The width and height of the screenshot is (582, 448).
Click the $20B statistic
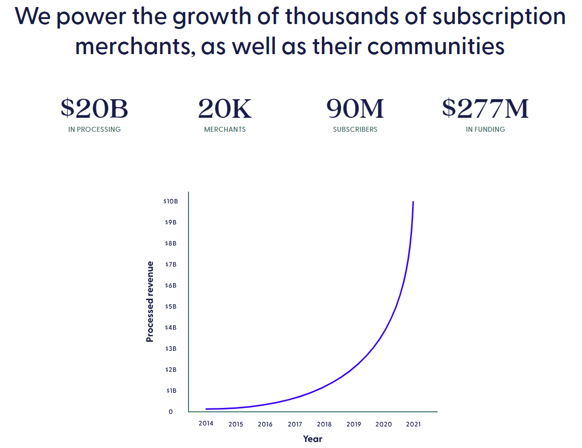(x=94, y=109)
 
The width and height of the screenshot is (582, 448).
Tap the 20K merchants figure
(x=225, y=109)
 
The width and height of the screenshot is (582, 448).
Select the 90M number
(x=355, y=109)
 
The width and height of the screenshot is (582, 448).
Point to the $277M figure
(x=485, y=109)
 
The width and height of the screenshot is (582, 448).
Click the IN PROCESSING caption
(x=94, y=129)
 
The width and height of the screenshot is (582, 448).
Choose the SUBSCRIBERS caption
(x=355, y=129)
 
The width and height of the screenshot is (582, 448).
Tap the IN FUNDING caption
(x=485, y=129)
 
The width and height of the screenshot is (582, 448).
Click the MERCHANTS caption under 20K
(x=225, y=129)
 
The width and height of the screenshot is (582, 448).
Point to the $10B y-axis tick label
(x=170, y=201)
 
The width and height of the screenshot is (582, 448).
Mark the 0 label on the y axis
(x=170, y=412)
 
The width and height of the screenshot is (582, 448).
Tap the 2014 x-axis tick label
(x=206, y=423)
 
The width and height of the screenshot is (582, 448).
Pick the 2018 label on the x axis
(x=324, y=424)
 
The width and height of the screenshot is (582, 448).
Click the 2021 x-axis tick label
(x=414, y=424)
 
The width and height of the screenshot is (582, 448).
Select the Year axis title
(x=312, y=439)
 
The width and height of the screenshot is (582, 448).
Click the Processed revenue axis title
(x=150, y=302)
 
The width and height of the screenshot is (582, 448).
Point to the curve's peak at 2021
(x=413, y=202)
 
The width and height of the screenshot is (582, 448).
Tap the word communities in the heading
(x=436, y=46)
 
